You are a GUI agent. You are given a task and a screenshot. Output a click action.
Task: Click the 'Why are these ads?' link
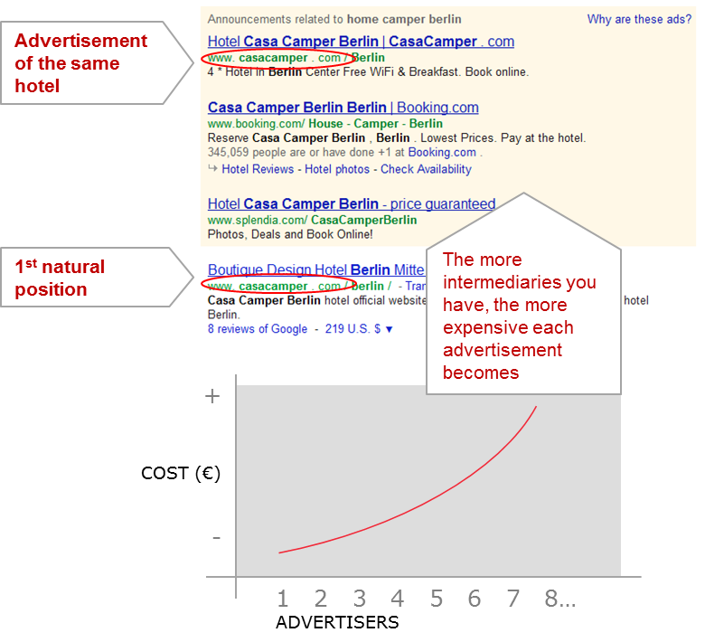click(639, 19)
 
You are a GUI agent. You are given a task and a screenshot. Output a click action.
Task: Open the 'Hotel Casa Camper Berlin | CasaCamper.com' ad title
click(361, 42)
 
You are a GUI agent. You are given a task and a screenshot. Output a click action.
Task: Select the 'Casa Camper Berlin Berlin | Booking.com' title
click(343, 108)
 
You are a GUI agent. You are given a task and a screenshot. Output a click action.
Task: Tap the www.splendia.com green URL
click(312, 220)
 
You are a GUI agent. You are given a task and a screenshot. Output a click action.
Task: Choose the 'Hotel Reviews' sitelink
click(258, 169)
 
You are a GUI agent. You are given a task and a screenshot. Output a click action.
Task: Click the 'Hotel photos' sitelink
click(337, 169)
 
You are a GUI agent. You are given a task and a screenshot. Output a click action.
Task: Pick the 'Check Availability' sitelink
click(426, 169)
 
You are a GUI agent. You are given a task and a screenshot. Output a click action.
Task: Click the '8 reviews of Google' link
click(258, 329)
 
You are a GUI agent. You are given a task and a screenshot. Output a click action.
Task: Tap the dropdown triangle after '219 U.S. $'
click(390, 330)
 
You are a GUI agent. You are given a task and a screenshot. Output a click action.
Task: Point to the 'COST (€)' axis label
click(181, 474)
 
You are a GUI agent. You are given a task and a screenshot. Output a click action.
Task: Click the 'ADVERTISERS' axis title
click(337, 622)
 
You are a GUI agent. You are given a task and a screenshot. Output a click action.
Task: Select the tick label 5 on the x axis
click(437, 599)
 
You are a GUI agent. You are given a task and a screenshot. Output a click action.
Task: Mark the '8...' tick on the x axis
click(560, 599)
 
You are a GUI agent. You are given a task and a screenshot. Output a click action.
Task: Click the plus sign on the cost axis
click(212, 396)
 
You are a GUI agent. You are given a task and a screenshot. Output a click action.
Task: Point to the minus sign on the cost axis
click(217, 538)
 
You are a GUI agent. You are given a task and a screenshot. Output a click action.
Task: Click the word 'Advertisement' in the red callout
click(81, 41)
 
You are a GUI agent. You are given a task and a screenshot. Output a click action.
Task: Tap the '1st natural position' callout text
click(60, 278)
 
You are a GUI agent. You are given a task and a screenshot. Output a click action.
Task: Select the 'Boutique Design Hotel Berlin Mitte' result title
click(316, 269)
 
